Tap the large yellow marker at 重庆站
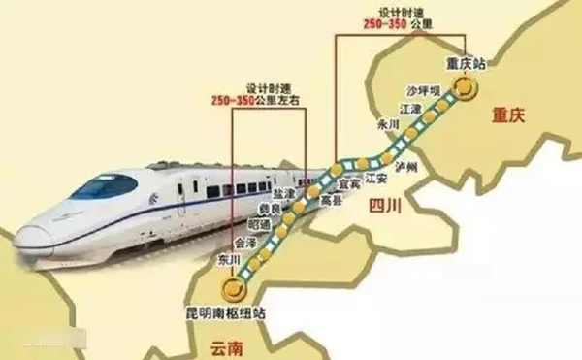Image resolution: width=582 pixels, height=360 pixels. click(469, 87)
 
